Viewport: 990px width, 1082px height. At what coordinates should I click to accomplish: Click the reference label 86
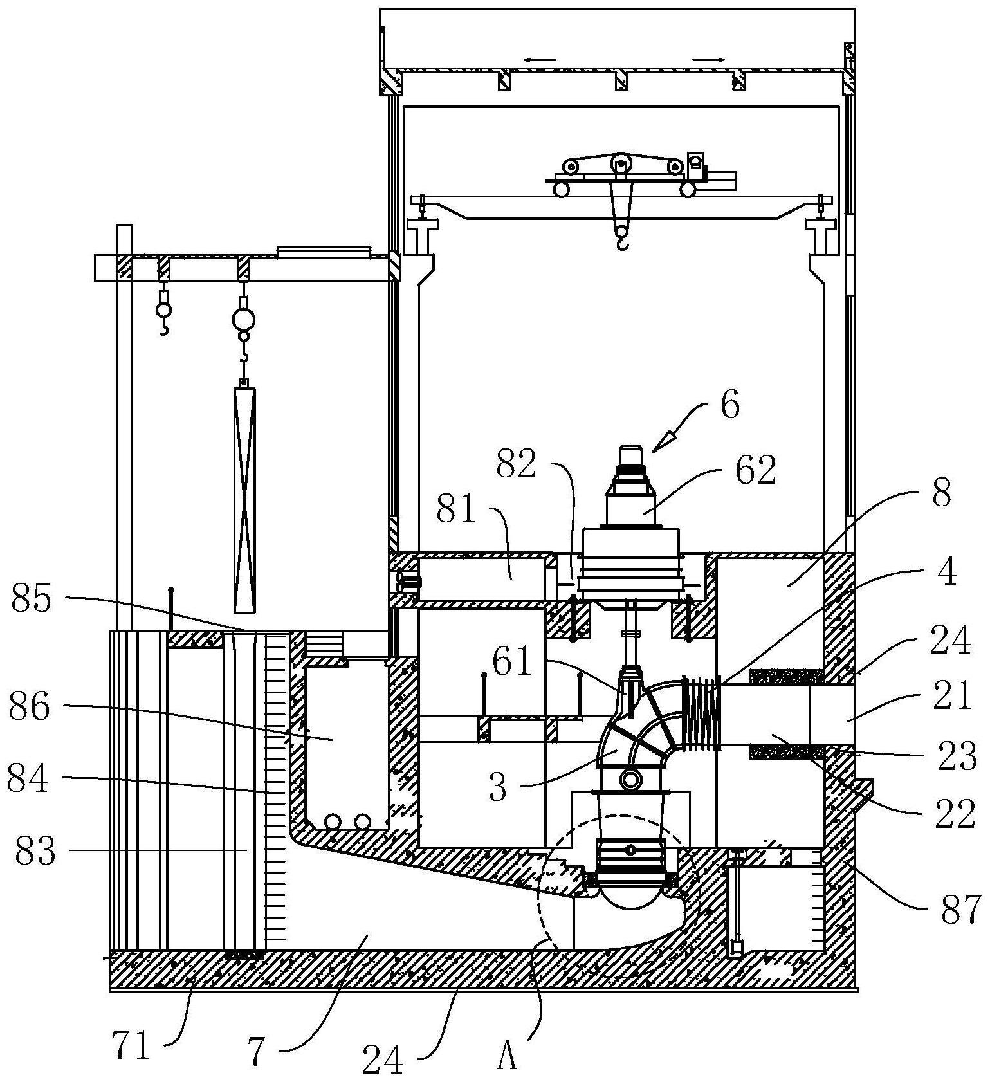click(29, 708)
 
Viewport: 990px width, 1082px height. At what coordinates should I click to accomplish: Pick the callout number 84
click(28, 779)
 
